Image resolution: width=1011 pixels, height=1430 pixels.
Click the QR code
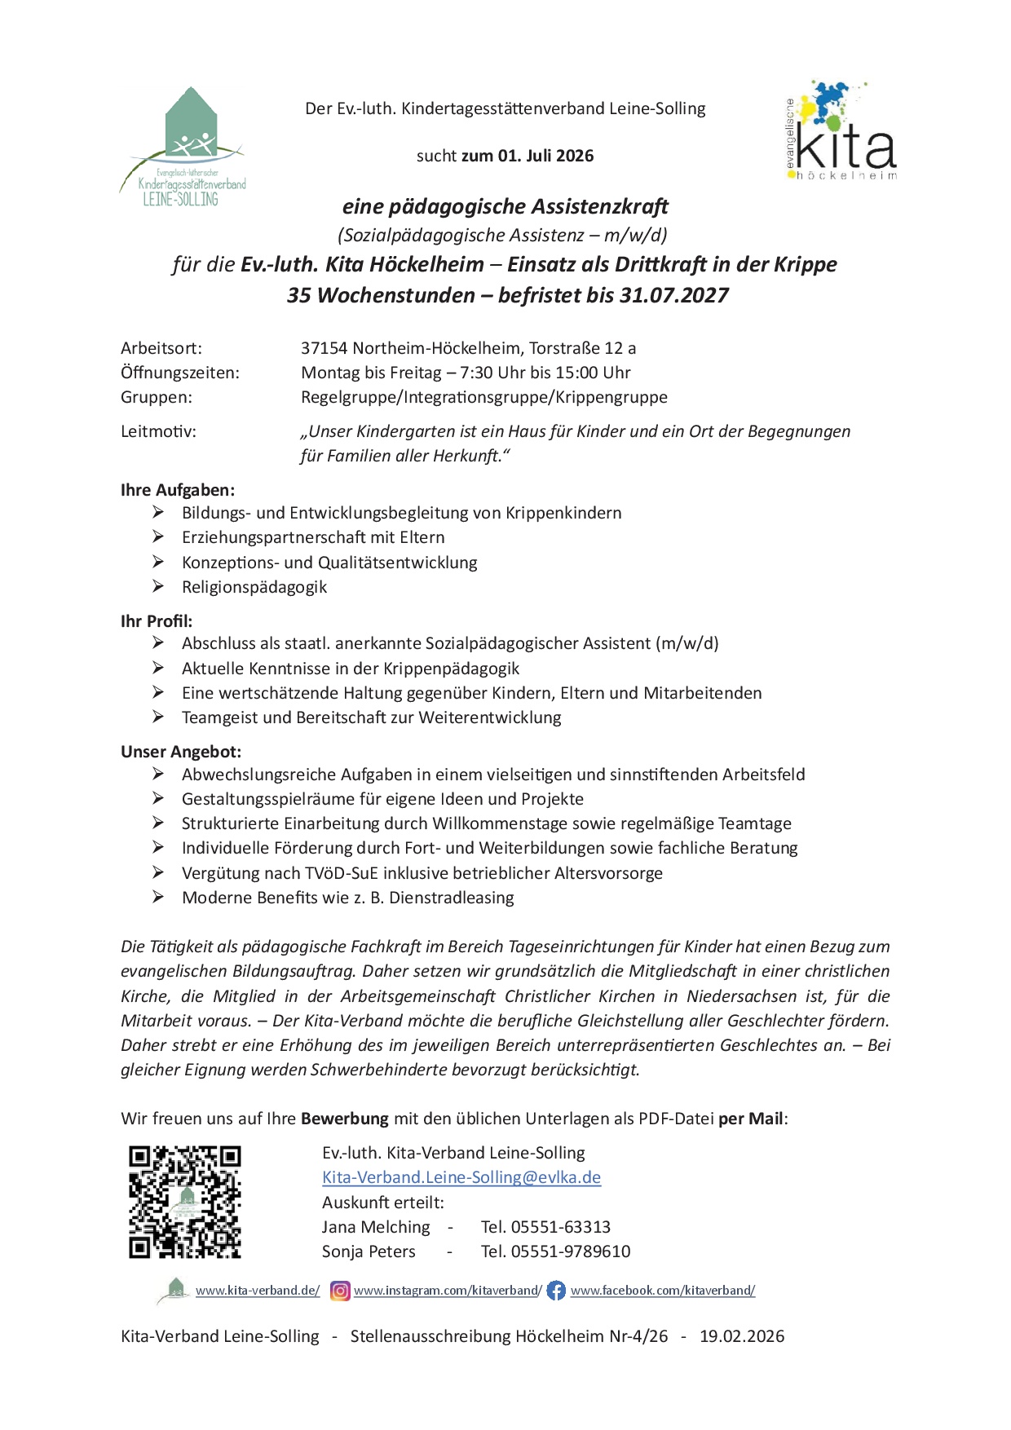185,1201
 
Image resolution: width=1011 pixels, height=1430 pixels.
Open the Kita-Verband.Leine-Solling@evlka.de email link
461,1177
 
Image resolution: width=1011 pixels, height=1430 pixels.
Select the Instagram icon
340,1291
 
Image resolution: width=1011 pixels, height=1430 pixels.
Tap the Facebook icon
556,1291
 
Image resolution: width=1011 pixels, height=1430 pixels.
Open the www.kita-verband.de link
258,1291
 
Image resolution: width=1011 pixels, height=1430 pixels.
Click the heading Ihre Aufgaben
178,490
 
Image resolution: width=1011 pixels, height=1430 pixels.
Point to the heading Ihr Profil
157,621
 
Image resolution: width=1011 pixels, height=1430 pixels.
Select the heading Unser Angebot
181,752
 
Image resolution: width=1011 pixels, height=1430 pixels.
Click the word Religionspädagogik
254,587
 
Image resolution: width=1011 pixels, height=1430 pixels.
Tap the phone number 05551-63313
560,1227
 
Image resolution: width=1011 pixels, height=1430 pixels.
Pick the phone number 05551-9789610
570,1251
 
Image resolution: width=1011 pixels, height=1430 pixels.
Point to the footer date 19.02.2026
742,1336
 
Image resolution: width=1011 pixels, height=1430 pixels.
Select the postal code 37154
324,348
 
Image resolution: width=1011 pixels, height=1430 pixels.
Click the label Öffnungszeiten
180,373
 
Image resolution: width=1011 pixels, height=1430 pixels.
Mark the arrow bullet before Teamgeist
158,717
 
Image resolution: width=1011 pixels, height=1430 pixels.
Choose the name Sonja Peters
369,1251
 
